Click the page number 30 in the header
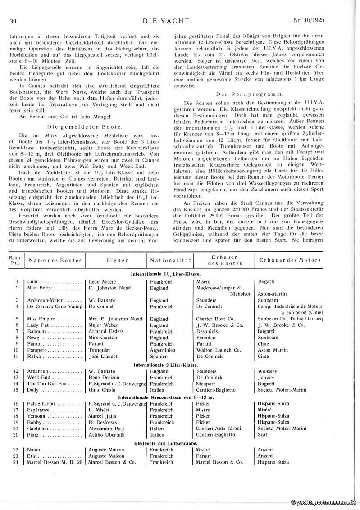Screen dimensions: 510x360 [13, 21]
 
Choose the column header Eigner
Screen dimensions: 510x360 [117, 261]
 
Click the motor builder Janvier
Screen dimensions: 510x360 [266, 378]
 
